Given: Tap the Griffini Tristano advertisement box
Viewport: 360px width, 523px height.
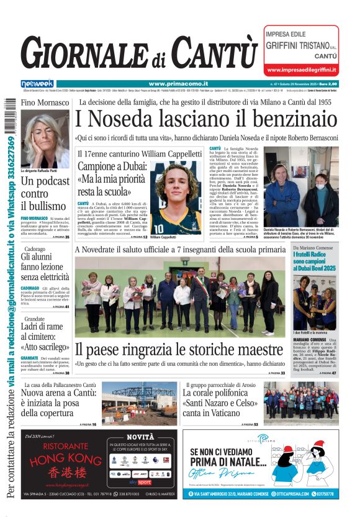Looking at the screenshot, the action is click(x=302, y=50).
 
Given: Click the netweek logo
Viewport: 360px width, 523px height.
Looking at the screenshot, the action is click(x=37, y=83).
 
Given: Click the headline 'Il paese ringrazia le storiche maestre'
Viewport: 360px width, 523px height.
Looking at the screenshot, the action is click(x=179, y=348).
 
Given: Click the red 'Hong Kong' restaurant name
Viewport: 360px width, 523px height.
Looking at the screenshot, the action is click(x=57, y=460).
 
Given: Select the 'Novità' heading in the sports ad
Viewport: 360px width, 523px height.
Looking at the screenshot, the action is click(x=140, y=437).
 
